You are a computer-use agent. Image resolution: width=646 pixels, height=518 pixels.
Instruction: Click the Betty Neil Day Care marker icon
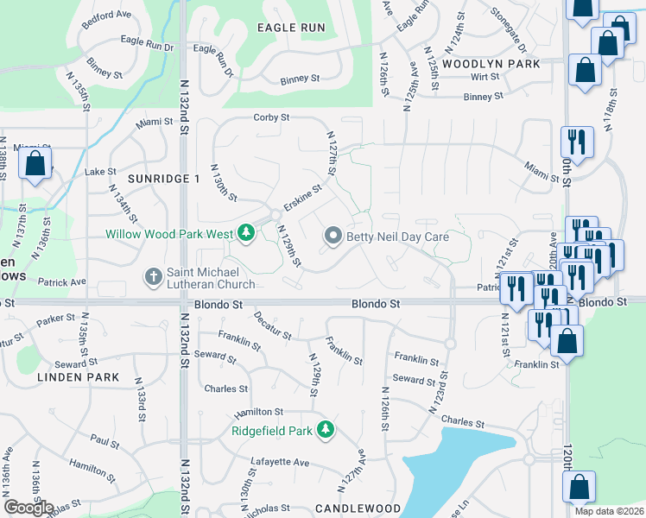coord(332,236)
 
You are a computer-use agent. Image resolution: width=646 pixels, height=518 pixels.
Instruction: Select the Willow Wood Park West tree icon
coord(246,233)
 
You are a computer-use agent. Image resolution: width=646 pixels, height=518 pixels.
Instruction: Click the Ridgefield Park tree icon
coord(325,429)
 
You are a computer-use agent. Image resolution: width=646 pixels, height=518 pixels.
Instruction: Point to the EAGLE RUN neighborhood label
coord(291,28)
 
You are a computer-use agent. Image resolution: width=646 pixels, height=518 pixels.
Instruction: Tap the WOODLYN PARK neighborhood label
coord(491,64)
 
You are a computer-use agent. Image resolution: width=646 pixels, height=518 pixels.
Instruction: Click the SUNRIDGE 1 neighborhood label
coord(163,178)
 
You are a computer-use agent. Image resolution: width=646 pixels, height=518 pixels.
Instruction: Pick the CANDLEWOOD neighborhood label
coord(358,509)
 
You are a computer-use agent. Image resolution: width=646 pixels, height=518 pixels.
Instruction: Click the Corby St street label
coord(270,117)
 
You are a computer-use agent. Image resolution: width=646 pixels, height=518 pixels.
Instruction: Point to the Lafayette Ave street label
coord(280,463)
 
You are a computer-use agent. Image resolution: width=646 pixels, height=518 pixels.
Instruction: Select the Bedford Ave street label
coord(107,19)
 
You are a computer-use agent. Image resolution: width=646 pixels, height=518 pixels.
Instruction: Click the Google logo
coord(28,508)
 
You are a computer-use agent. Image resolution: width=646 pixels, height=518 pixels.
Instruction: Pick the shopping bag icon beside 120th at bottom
coord(579,487)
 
